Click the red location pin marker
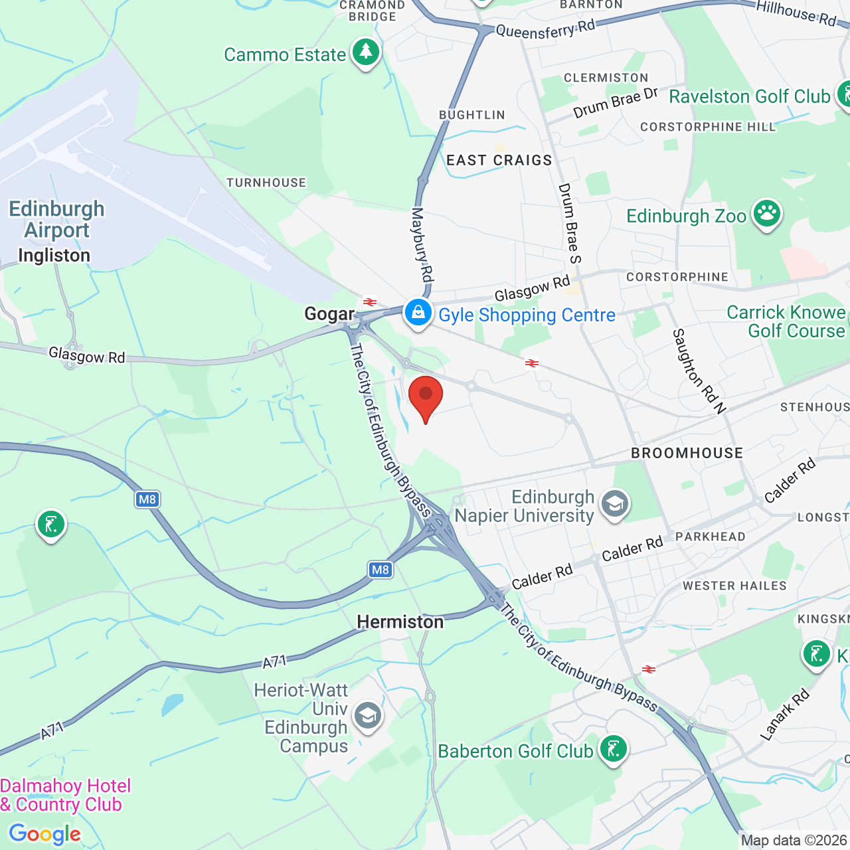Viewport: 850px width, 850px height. [426, 397]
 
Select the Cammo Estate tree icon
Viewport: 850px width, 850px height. [365, 52]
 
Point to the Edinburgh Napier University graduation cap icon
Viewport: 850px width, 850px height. [615, 505]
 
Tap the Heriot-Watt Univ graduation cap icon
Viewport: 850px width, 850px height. [367, 717]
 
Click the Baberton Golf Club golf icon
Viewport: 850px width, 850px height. [613, 749]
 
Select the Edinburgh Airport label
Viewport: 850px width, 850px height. [56, 219]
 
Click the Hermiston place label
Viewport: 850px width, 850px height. [400, 622]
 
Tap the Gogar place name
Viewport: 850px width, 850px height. [329, 313]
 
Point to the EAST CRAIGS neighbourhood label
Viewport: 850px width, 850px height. [499, 160]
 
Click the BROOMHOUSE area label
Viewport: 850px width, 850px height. [687, 453]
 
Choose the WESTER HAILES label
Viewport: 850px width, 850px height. [734, 586]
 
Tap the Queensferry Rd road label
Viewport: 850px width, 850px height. [545, 29]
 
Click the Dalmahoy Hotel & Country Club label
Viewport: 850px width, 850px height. [65, 795]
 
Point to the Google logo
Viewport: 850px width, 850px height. [44, 834]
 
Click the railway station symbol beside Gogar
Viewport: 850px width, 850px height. [370, 302]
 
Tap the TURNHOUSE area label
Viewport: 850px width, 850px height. [266, 183]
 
